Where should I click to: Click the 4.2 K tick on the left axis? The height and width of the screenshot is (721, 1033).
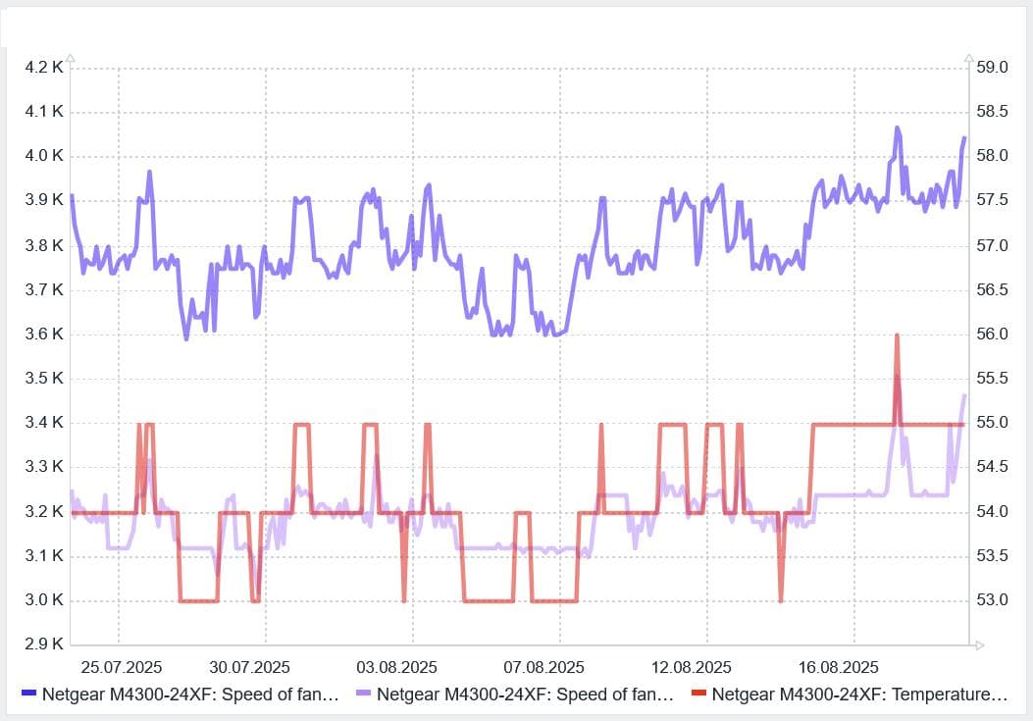tap(44, 67)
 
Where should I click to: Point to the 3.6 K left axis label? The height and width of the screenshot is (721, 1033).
tap(44, 334)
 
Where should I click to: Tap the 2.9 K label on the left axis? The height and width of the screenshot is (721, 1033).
tap(44, 644)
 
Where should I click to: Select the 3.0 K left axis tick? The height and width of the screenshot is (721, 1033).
tap(44, 600)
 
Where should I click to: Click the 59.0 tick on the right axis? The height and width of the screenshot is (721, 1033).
tap(992, 67)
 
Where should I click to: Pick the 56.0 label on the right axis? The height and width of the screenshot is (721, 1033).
tap(992, 334)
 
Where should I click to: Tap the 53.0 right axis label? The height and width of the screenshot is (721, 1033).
tap(992, 600)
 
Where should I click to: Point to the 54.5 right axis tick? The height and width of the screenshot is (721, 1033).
tap(992, 467)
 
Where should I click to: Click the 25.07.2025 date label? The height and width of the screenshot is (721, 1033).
tap(121, 667)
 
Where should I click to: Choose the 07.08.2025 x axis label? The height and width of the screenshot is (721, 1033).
tap(543, 667)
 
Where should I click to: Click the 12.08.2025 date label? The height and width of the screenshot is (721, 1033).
tap(691, 667)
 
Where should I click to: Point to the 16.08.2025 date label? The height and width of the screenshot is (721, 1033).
tap(838, 667)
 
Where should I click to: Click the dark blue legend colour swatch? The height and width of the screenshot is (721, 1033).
tap(28, 694)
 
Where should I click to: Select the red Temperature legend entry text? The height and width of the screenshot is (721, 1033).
tap(859, 695)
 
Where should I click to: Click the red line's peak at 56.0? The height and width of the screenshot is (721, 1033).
tap(897, 335)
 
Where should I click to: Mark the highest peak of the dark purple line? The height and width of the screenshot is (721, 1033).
tap(897, 128)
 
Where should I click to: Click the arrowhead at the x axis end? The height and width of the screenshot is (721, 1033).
tap(976, 644)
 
